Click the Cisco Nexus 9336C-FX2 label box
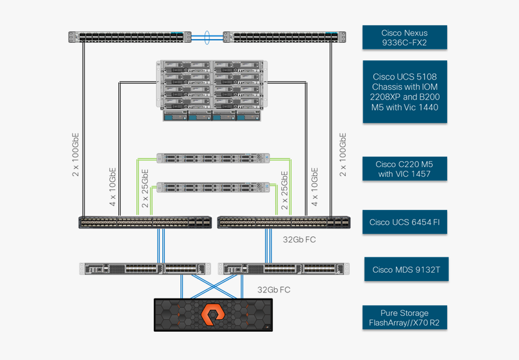point(404,37)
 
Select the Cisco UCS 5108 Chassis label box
point(404,92)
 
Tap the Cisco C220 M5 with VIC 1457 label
point(404,169)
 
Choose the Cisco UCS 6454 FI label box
point(404,222)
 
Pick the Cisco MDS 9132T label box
point(406,269)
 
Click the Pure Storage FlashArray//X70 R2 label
point(404,318)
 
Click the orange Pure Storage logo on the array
point(212,315)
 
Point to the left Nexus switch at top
point(129,37)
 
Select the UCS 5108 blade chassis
point(212,90)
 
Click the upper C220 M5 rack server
point(212,158)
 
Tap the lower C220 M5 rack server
point(212,187)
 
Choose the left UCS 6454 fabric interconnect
point(145,223)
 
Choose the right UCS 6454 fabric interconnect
point(284,223)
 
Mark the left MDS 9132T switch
point(145,269)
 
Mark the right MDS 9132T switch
point(284,269)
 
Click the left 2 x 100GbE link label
point(76,154)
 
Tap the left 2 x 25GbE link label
point(145,189)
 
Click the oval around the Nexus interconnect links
point(207,37)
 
